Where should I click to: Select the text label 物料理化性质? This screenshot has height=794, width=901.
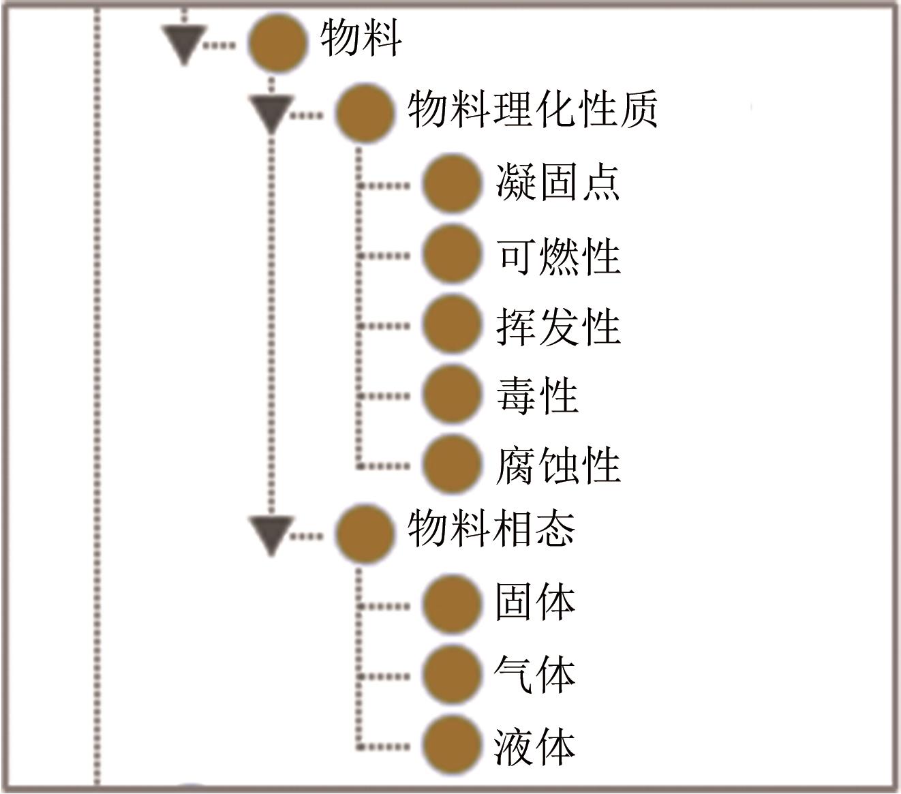click(533, 110)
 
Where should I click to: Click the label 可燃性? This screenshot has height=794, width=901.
click(558, 256)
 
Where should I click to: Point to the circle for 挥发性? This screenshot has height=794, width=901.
click(451, 325)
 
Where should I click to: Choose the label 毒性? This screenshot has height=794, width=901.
click(537, 395)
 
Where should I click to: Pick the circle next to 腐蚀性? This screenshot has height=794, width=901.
click(451, 465)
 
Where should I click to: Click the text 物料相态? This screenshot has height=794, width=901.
click(491, 528)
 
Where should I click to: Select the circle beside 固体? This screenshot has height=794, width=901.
click(451, 605)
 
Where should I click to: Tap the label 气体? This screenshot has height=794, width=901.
click(535, 675)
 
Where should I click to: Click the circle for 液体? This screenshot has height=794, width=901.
click(451, 745)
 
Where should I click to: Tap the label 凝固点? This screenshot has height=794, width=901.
click(558, 183)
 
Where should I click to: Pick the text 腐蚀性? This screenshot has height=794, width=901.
click(558, 465)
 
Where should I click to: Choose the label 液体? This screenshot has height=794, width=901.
click(535, 746)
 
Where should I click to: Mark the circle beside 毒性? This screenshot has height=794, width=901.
click(451, 395)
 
